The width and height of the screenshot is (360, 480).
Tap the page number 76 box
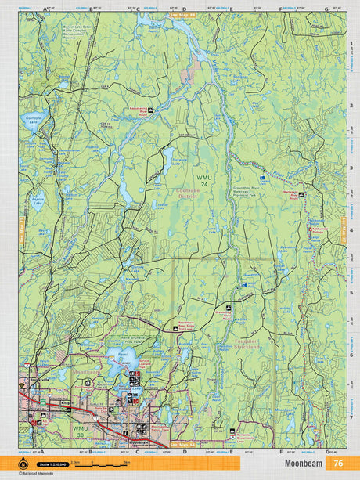[338, 463]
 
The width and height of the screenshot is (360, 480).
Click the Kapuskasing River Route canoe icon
[161, 109]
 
